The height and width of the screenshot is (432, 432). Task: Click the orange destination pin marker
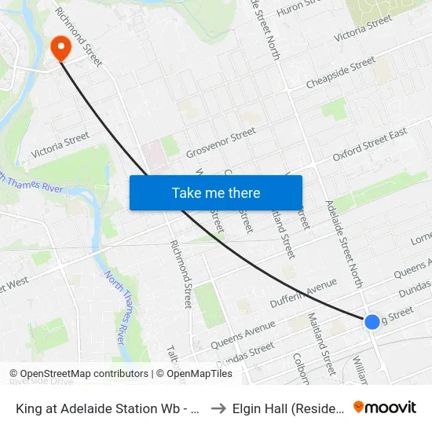[x=60, y=49]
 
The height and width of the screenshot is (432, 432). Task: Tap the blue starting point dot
[x=372, y=321]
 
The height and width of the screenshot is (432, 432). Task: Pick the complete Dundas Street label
[x=246, y=353]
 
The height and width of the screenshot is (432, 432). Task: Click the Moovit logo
[x=385, y=407]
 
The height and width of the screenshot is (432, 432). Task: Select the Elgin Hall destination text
[x=287, y=408]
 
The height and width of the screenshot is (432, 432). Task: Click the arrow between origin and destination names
[x=218, y=408]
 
